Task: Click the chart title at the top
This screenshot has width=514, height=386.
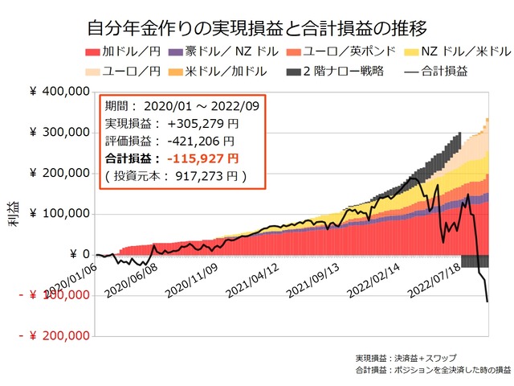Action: coord(256,30)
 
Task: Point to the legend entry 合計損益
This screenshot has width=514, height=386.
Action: coord(438,71)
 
